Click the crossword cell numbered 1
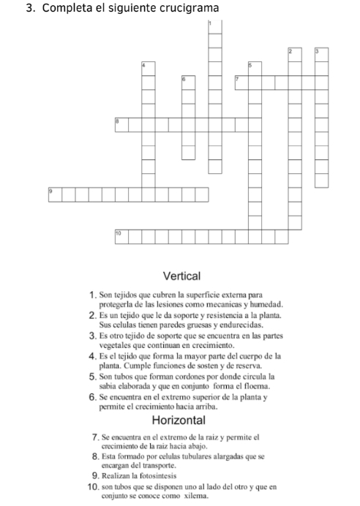pyautogui.click(x=214, y=26)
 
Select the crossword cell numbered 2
pyautogui.click(x=294, y=54)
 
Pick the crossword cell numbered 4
pyautogui.click(x=149, y=68)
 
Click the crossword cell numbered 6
pyautogui.click(x=188, y=81)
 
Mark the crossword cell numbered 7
pyautogui.click(x=241, y=81)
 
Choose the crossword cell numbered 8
pyautogui.click(x=121, y=121)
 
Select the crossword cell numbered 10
pyautogui.click(x=121, y=235)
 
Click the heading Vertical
pyautogui.click(x=181, y=276)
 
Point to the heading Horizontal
pyautogui.click(x=181, y=420)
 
